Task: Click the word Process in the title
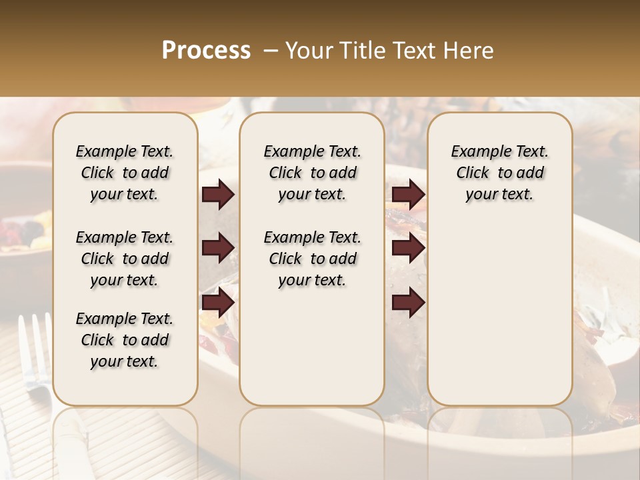[x=206, y=51]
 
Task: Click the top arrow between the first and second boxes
[x=218, y=195]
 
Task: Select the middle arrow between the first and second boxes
[x=218, y=249]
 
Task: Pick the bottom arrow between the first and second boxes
[x=218, y=302]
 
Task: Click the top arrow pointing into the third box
[x=408, y=195]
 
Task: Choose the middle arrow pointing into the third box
[x=408, y=249]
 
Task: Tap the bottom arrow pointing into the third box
[x=408, y=302]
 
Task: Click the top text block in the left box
[x=125, y=173]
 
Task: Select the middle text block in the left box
[x=125, y=259]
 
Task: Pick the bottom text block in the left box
[x=125, y=340]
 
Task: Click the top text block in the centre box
[x=312, y=173]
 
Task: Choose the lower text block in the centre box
[x=312, y=259]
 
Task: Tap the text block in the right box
[x=499, y=173]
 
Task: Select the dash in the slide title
[x=270, y=51]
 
